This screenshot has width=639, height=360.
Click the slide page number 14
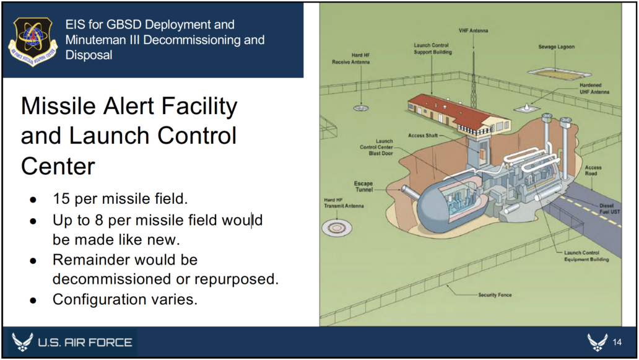[x=617, y=343]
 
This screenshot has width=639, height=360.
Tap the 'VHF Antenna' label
[x=473, y=30]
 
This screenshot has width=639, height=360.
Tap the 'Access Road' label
[x=593, y=170]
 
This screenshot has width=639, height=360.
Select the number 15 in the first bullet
[x=61, y=200]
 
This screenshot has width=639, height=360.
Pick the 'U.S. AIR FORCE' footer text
[x=85, y=343]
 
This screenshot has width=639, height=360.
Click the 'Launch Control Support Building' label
[x=433, y=49]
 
